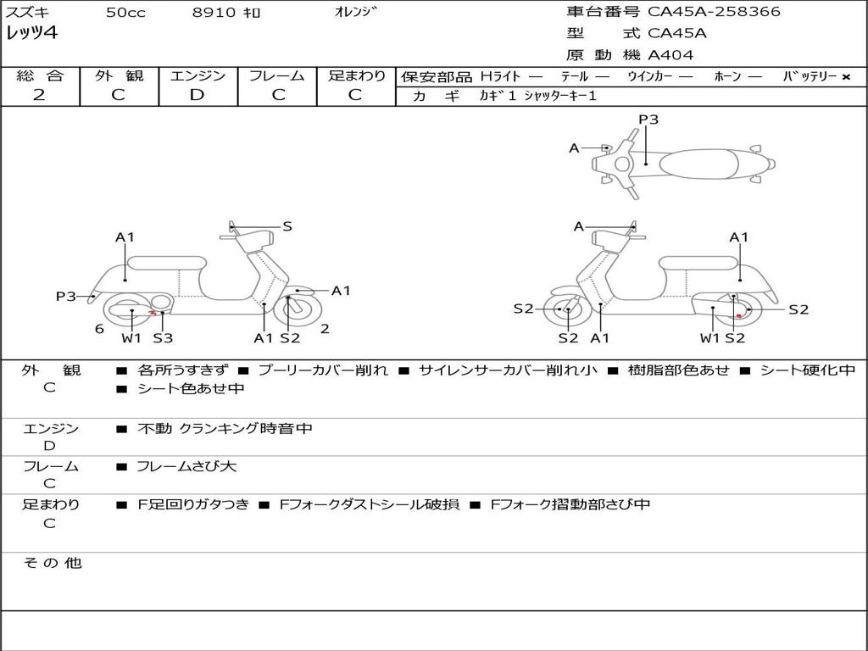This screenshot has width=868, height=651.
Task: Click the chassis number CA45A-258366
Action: [x=714, y=12]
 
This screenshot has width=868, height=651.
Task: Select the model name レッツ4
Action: [x=32, y=34]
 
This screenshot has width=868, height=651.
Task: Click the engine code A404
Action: [x=670, y=55]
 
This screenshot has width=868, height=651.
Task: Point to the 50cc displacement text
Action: [x=125, y=13]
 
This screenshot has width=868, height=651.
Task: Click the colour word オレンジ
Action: [x=356, y=12]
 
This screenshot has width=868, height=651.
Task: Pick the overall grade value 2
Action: [x=39, y=95]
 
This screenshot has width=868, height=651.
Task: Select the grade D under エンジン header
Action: [x=197, y=95]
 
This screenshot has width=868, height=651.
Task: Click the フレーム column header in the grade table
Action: [x=276, y=76]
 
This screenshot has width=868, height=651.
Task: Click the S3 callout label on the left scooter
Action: [x=163, y=338]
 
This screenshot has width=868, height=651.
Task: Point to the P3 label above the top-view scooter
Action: [x=648, y=120]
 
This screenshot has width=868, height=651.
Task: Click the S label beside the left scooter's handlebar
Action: [x=287, y=226]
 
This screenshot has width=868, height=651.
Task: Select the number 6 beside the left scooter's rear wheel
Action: [x=99, y=329]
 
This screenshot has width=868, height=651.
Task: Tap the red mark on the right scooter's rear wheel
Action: [x=739, y=315]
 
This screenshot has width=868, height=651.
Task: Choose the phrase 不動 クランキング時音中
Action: [x=225, y=429]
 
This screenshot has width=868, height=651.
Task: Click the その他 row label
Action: [x=52, y=563]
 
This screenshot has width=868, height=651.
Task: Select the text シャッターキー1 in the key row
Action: [x=560, y=96]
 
